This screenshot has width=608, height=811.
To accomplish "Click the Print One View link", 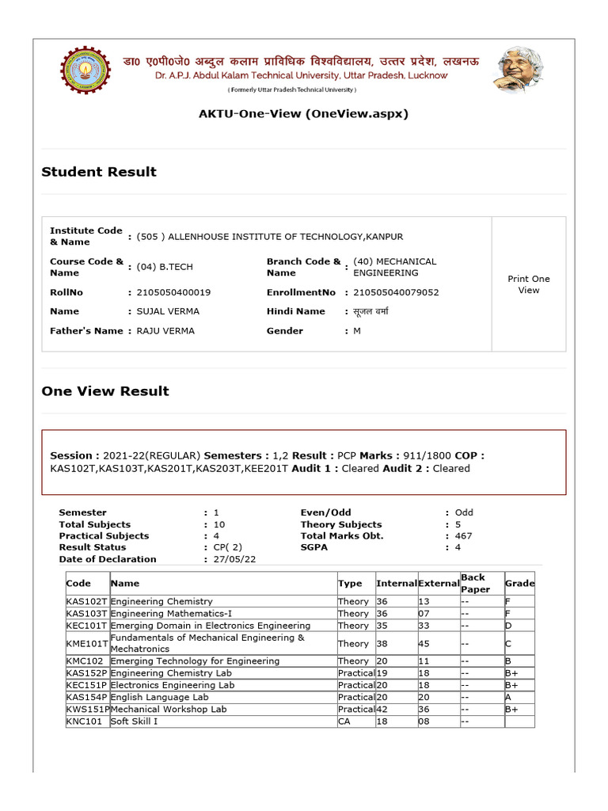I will point(528,284).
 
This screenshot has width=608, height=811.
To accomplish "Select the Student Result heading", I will point(99,172).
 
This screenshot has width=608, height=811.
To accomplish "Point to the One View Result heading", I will point(105,391).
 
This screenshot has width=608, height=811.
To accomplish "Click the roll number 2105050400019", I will point(173,292).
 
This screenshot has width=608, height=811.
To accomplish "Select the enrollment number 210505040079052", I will point(396,292).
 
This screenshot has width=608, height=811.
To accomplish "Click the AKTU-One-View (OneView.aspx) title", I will point(303,114).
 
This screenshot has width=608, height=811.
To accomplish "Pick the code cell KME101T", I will point(87,644).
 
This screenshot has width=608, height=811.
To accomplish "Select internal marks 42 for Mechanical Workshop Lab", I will point(382,710).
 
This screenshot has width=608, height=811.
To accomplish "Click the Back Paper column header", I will point(475,584).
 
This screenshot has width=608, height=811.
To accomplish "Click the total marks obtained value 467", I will point(464,536).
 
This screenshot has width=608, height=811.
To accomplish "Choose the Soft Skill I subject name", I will point(134,722).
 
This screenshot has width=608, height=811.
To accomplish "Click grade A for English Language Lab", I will point(508,697).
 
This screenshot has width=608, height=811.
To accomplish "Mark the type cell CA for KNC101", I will point(344,722).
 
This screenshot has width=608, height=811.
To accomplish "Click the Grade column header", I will point(519,584).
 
